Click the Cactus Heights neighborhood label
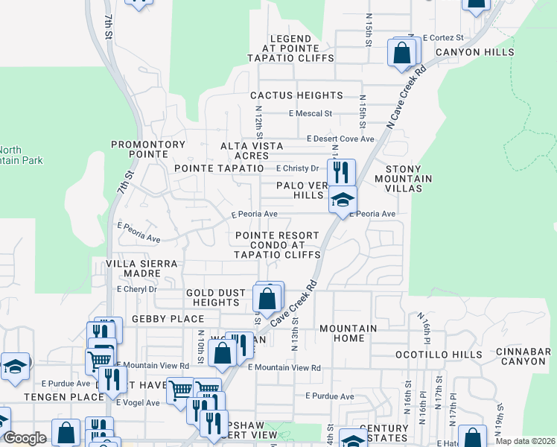(296, 95)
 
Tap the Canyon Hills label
(474, 52)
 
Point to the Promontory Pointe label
(147, 149)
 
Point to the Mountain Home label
(348, 333)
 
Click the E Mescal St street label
(311, 114)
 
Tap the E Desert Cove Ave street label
(340, 139)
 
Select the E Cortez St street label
(442, 37)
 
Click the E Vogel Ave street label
(138, 402)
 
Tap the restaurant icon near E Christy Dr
(341, 172)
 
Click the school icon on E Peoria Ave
(343, 200)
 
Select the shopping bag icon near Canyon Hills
(401, 53)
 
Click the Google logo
(25, 438)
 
